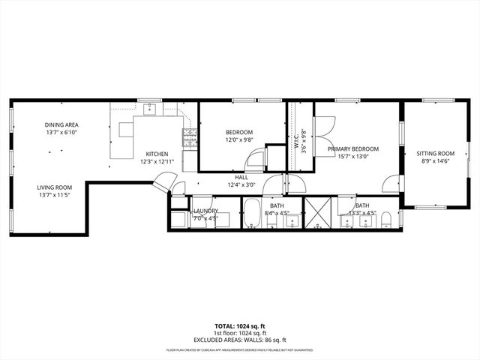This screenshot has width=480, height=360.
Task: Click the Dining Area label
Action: click(x=61, y=125)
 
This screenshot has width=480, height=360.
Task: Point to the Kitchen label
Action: click(x=157, y=154)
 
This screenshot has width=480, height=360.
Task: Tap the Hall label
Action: click(x=241, y=178)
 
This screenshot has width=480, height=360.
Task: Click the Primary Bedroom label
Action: click(x=352, y=149)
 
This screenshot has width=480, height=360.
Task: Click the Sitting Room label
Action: click(x=436, y=154)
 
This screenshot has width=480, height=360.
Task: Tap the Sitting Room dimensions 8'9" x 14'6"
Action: click(x=436, y=161)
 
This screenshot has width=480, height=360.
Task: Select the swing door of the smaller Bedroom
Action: click(x=256, y=159)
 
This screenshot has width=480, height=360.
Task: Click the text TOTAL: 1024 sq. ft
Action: click(x=240, y=327)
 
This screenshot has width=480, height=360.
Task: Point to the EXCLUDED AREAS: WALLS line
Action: click(x=240, y=340)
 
